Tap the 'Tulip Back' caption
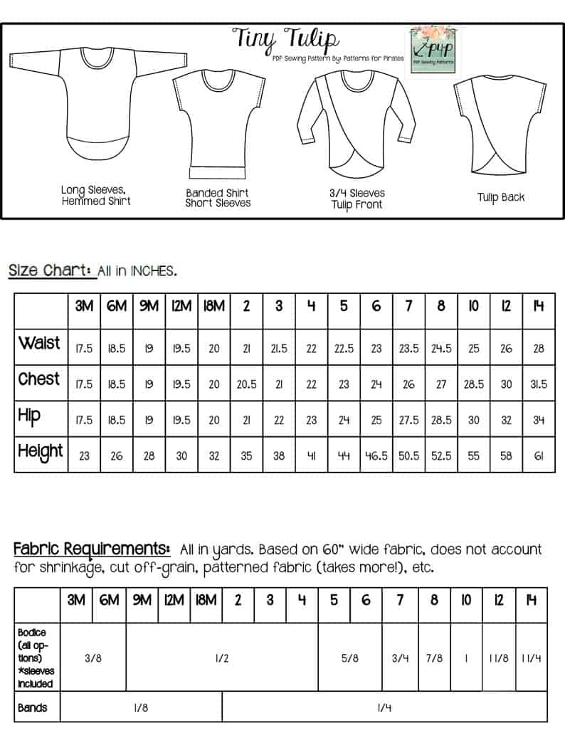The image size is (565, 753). click(x=501, y=197)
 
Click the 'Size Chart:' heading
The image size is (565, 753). click(x=51, y=270)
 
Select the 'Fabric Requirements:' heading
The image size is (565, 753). click(x=92, y=549)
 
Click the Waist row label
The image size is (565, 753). click(x=41, y=343)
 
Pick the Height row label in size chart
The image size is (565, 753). click(x=41, y=452)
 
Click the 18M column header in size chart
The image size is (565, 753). click(x=213, y=307)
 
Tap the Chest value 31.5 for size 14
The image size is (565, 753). click(x=539, y=384)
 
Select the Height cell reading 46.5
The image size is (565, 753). click(x=376, y=456)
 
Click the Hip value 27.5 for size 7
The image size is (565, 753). click(x=408, y=420)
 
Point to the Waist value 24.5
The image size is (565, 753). click(x=441, y=349)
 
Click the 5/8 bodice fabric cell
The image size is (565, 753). click(x=349, y=658)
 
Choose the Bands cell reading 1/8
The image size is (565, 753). click(x=141, y=708)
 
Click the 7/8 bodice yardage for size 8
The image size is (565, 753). click(x=433, y=658)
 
